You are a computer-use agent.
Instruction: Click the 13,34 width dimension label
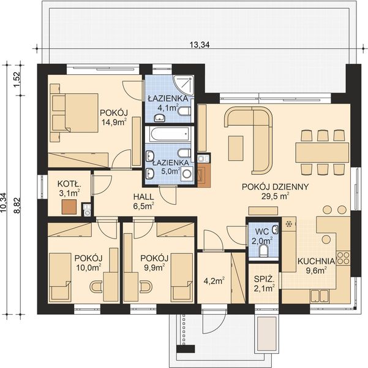200,44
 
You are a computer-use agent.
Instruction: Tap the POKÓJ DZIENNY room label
275,186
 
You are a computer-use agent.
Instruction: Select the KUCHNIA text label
316,261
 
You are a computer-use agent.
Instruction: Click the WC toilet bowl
264,251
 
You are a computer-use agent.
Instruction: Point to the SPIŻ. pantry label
265,279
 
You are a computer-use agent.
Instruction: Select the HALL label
144,197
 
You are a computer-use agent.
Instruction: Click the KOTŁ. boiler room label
69,184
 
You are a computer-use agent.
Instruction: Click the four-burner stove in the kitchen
343,258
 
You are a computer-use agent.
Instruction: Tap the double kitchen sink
320,296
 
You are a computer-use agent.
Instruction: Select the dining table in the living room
322,152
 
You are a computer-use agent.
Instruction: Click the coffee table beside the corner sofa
236,148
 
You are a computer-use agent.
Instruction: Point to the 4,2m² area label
214,281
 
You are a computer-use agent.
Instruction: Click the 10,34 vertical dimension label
4,203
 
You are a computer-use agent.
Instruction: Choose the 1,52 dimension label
18,79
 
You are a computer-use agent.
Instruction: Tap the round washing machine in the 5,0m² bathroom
187,174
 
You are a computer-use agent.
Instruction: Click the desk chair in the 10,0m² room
96,287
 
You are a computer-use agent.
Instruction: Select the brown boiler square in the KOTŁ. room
69,207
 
